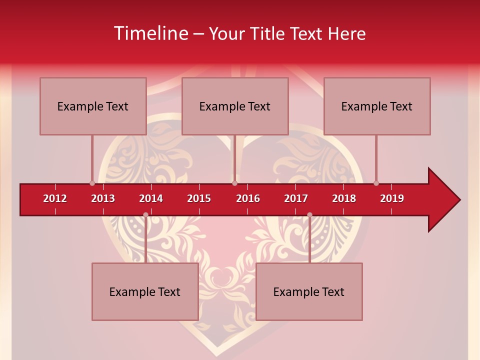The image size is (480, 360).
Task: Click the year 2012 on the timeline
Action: click(x=55, y=198)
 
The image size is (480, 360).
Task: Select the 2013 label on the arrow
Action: click(x=103, y=198)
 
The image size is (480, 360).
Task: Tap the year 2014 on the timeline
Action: click(x=151, y=198)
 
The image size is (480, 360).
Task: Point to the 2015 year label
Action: click(x=199, y=198)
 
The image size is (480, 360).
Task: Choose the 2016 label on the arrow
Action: click(x=248, y=198)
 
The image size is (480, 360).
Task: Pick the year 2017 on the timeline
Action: click(x=296, y=198)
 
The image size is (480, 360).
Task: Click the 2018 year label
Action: click(x=344, y=198)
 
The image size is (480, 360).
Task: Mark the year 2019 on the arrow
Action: click(x=392, y=198)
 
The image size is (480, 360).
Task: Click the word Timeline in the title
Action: click(x=150, y=33)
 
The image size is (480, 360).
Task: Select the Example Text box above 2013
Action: click(x=93, y=106)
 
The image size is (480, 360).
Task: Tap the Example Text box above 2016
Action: click(x=235, y=106)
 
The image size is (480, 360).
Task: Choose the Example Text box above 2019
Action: click(x=377, y=106)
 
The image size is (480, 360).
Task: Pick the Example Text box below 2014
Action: click(x=145, y=292)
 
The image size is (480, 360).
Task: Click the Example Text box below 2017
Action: click(x=309, y=292)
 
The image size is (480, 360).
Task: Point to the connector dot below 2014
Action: click(x=145, y=214)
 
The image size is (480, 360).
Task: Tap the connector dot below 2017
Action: click(x=309, y=214)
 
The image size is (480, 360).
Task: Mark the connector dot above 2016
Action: click(x=234, y=183)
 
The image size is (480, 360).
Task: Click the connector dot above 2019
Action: click(x=376, y=183)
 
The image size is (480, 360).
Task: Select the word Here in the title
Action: click(x=346, y=33)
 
